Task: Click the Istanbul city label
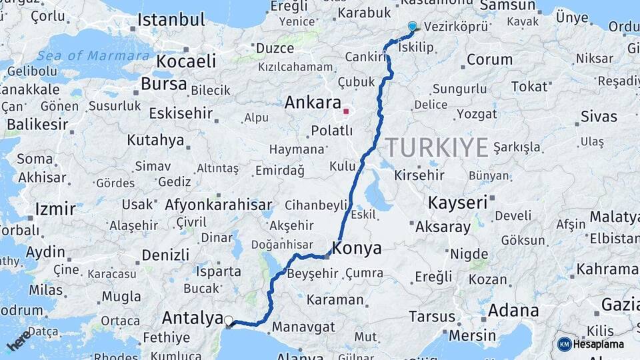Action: click(171, 20)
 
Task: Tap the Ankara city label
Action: click(313, 103)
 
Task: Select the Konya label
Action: click(357, 249)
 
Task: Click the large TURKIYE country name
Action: click(437, 147)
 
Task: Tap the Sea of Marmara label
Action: click(93, 56)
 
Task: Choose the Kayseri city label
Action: click(457, 202)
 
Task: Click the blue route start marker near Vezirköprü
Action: click(412, 27)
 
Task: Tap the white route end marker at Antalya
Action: click(229, 321)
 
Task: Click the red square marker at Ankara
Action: click(346, 111)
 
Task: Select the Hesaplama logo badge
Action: click(591, 344)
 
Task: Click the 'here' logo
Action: click(19, 340)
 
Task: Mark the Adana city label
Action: click(513, 311)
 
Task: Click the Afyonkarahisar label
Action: click(218, 205)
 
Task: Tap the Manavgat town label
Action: click(303, 327)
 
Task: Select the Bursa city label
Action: click(163, 85)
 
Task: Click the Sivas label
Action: click(599, 117)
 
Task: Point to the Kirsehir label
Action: click(419, 175)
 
